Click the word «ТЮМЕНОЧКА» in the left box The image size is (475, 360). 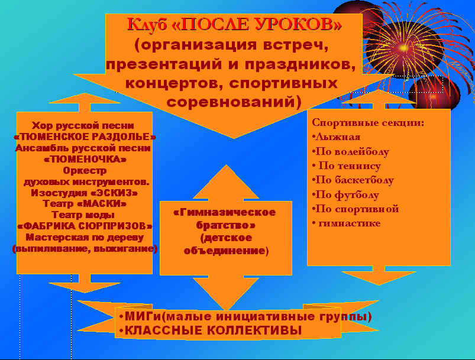pyautogui.click(x=85, y=159)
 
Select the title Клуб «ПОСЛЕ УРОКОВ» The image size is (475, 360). pyautogui.click(x=234, y=24)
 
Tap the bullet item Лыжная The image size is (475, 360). pyautogui.click(x=336, y=137)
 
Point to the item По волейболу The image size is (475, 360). pyautogui.click(x=351, y=151)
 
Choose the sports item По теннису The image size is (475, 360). pyautogui.click(x=347, y=166)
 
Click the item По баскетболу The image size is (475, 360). pyautogui.click(x=353, y=180)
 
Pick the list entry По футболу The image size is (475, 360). pyautogui.click(x=345, y=194)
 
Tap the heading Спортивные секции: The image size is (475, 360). pyautogui.click(x=368, y=122)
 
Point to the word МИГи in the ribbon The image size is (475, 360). pyautogui.click(x=143, y=317)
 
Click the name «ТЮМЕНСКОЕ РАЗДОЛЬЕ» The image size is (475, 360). pyautogui.click(x=85, y=137)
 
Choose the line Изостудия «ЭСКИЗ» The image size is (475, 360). pyautogui.click(x=85, y=193)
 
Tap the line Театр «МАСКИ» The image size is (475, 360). pyautogui.click(x=85, y=204)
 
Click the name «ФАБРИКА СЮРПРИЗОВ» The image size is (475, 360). pyautogui.click(x=85, y=226)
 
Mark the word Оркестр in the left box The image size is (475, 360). pyautogui.click(x=85, y=170)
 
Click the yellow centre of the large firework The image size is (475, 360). pyautogui.click(x=403, y=48)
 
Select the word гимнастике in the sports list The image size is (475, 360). pyautogui.click(x=349, y=223)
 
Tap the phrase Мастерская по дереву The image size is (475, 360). pyautogui.click(x=85, y=238)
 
